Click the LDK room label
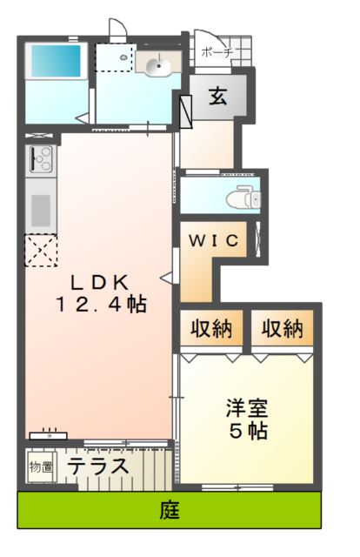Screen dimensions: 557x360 [x=100, y=281]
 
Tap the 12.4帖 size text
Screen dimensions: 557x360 [x=100, y=305]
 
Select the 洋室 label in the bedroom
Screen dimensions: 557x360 [x=245, y=406]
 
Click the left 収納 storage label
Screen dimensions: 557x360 [x=211, y=329]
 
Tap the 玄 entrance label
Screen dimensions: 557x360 [x=217, y=97]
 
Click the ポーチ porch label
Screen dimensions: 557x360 [x=217, y=53]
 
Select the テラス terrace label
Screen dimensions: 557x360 [x=99, y=466]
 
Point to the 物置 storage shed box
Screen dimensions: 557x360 [x=40, y=466]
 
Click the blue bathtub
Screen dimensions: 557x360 [x=54, y=62]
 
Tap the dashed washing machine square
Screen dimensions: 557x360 [x=112, y=57]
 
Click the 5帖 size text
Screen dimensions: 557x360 [x=246, y=430]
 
